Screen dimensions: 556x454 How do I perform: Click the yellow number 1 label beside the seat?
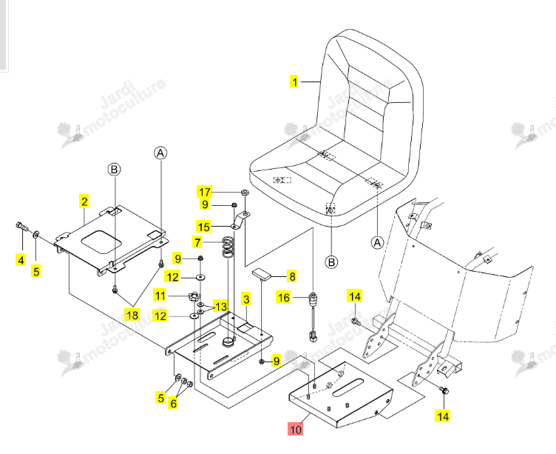294,81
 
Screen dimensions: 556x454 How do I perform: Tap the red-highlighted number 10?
296,429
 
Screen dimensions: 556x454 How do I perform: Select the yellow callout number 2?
84,201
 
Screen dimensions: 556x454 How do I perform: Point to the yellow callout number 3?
246,299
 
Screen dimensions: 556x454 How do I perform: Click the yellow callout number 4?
21,260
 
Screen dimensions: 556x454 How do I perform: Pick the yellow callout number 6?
173,403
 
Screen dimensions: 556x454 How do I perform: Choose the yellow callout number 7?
197,243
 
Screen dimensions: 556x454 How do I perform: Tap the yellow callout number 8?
292,276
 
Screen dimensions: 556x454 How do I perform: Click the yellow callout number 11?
160,296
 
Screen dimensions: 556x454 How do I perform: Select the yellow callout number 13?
220,306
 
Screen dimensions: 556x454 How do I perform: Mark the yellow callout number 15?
204,227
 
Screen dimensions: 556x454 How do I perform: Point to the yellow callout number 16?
284,297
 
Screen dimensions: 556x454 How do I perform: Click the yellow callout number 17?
205,192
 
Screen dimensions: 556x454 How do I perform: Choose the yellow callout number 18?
132,315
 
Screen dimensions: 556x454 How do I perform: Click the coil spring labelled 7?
228,246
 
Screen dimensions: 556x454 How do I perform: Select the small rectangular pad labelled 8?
261,273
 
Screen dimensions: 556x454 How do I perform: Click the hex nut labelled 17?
244,192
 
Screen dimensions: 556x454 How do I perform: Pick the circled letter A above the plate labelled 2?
160,153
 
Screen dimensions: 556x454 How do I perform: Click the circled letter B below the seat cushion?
331,262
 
